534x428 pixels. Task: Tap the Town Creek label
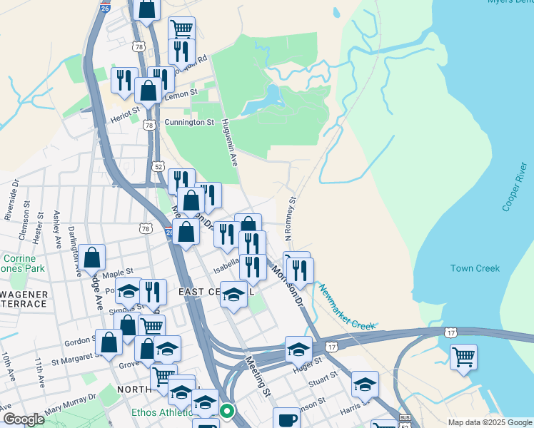point(475,268)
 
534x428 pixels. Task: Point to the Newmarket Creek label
point(347,307)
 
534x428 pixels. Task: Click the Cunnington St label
point(189,123)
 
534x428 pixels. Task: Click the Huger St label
point(304,367)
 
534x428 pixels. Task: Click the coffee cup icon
point(287,419)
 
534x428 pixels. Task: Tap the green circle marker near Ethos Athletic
point(227,411)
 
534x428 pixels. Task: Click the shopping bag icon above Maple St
point(92,258)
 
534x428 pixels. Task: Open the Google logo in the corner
point(24,419)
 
